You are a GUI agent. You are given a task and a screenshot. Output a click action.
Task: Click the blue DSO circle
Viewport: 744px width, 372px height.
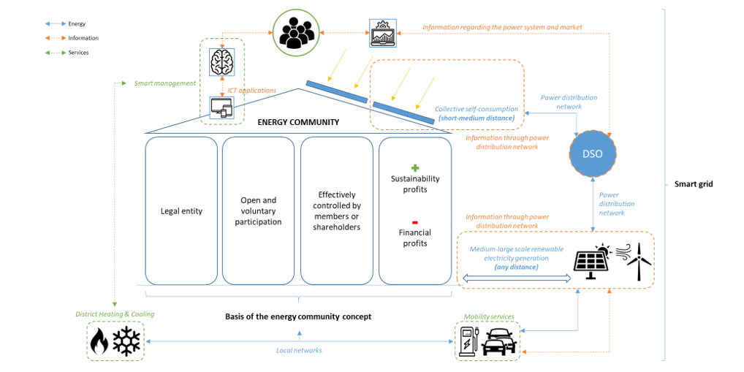click(x=592, y=156)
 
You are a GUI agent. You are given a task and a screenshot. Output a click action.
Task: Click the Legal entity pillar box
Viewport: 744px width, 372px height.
click(x=181, y=210)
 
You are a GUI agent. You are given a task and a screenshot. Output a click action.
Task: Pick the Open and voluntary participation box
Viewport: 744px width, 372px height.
click(x=258, y=210)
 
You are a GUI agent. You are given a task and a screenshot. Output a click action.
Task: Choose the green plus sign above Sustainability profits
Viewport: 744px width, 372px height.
click(x=415, y=167)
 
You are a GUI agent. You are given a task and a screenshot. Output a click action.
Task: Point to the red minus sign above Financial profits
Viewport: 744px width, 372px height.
click(x=415, y=221)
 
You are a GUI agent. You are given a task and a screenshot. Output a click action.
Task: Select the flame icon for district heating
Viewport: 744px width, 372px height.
click(x=99, y=341)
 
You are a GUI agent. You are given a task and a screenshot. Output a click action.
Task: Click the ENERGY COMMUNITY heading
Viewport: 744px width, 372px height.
click(x=298, y=122)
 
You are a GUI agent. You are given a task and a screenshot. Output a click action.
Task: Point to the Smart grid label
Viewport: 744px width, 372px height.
click(x=693, y=184)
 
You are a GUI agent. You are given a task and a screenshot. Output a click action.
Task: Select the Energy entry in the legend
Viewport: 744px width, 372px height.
click(x=77, y=24)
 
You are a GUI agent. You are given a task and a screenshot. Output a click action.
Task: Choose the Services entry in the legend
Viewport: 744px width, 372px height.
click(x=78, y=53)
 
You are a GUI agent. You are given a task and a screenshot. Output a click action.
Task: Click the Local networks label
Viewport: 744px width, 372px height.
click(x=298, y=351)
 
